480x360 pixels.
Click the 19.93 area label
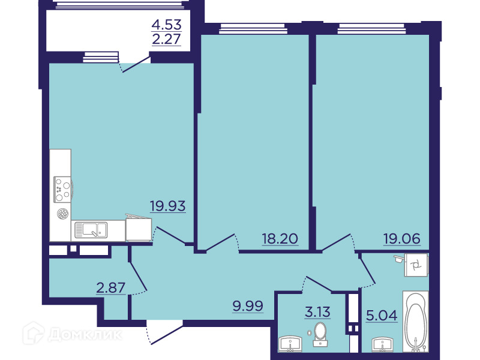pyautogui.click(x=168, y=206)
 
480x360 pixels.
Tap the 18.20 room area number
pyautogui.click(x=280, y=238)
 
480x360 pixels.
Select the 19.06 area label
pyautogui.click(x=402, y=238)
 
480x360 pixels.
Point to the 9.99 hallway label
pyautogui.click(x=248, y=305)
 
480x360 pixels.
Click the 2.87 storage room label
pyautogui.click(x=111, y=288)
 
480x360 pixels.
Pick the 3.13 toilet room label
pyautogui.click(x=317, y=312)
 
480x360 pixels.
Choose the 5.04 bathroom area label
pyautogui.click(x=382, y=315)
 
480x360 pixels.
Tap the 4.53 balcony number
pyautogui.click(x=167, y=24)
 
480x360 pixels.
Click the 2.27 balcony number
pyautogui.click(x=167, y=39)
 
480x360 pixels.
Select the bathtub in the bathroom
pyautogui.click(x=415, y=321)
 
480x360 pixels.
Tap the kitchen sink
pyautogui.click(x=91, y=230)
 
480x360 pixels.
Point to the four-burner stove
pyautogui.click(x=62, y=189)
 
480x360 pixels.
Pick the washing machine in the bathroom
pyautogui.click(x=416, y=265)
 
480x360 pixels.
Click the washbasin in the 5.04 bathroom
pyautogui.click(x=383, y=344)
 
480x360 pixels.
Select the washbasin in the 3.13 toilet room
pyautogui.click(x=290, y=343)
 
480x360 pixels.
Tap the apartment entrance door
pyautogui.click(x=164, y=332)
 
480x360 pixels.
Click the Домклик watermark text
pyautogui.click(x=85, y=334)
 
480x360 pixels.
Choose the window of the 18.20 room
pyautogui.click(x=253, y=29)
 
